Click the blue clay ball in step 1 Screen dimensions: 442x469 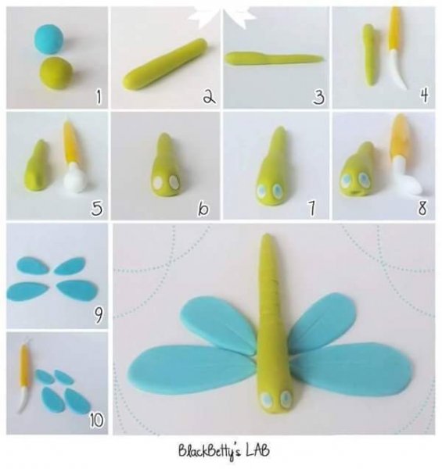coord(49,39)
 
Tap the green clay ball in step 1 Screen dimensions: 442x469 coord(56,73)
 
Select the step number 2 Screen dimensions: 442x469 coord(209,96)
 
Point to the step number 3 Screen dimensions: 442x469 coord(318,97)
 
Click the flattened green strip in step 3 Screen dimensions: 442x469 coord(274,59)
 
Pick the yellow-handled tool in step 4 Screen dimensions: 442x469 coord(395,48)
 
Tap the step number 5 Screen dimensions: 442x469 coord(97,208)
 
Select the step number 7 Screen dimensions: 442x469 coord(311,208)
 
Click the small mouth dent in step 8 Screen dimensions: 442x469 coord(355,192)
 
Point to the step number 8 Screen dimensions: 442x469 coord(422,208)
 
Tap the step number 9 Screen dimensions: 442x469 coord(98,315)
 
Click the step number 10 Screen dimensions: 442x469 coord(96,420)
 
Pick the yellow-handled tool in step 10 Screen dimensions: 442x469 coord(24,378)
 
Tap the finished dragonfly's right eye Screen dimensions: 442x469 coord(286,398)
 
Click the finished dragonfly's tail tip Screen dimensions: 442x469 coord(266,236)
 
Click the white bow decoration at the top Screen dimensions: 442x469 coord(222,15)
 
